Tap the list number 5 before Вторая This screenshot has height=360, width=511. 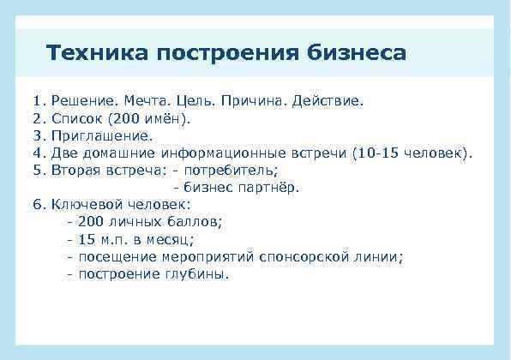tap(37, 170)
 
